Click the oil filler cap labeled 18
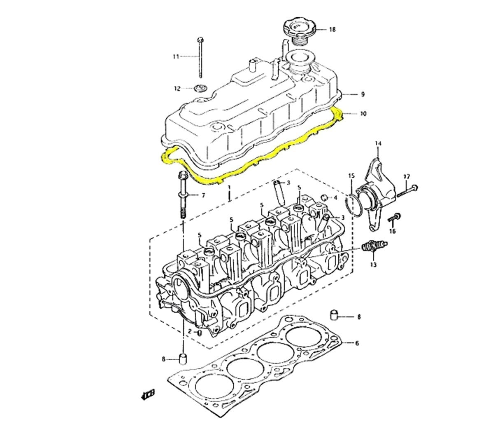298,29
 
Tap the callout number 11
176,56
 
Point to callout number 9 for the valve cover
363,94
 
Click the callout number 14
378,143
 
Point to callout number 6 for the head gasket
357,343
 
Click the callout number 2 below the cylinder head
190,331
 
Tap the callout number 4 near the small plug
335,198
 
